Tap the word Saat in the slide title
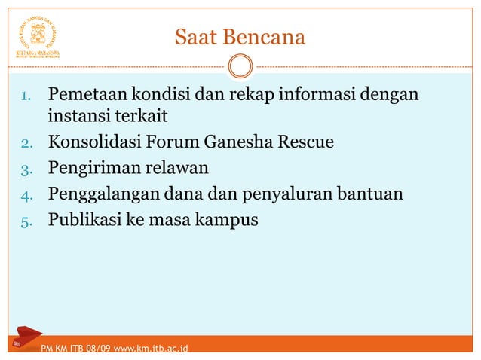point(195,37)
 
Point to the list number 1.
point(24,97)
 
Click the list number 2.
point(24,142)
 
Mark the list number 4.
point(24,196)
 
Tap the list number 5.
point(24,222)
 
